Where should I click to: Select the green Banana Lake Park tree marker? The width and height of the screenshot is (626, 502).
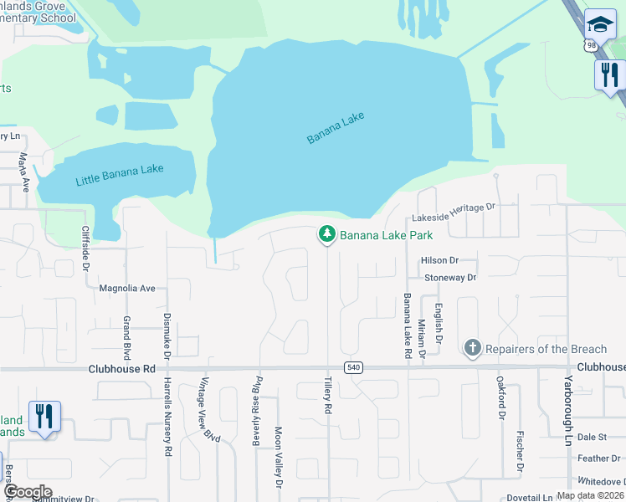coord(326,235)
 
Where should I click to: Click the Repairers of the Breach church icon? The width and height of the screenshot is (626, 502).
coord(472,347)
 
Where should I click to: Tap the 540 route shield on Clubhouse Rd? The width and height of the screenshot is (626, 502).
coord(352,368)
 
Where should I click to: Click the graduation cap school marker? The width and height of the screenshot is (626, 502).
coord(600,24)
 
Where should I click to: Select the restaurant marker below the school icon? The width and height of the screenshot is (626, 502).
coord(609,75)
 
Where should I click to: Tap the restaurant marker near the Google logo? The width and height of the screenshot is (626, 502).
coord(44,416)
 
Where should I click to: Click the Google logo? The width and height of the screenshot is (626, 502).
coord(28,492)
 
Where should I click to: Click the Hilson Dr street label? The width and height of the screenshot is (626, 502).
coord(440,261)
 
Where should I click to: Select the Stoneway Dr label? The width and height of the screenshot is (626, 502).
coord(449,277)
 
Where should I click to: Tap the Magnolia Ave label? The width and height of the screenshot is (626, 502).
coord(127,289)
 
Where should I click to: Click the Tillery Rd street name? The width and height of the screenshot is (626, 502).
coord(328,397)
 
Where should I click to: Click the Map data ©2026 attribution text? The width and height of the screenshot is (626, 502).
coord(588,495)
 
